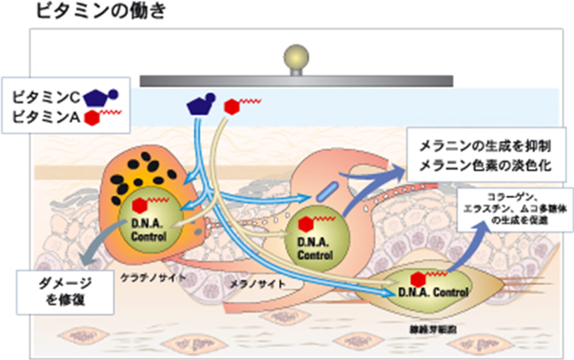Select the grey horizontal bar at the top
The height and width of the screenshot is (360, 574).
[296, 80]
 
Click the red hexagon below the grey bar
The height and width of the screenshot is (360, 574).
[231, 107]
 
